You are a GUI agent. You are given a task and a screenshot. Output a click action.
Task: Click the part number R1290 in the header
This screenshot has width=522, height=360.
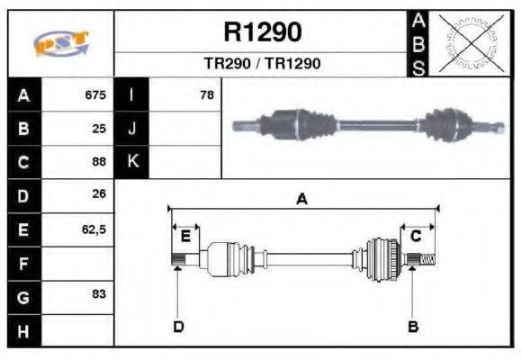262,33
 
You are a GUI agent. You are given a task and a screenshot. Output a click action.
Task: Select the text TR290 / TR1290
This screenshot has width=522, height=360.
262,64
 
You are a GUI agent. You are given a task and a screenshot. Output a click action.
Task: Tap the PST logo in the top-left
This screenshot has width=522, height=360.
60,44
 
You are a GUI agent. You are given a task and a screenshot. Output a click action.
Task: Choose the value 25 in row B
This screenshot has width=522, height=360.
99,129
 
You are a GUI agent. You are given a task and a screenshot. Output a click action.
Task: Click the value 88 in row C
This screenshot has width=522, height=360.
99,163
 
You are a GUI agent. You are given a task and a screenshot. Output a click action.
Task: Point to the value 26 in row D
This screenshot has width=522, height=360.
99,194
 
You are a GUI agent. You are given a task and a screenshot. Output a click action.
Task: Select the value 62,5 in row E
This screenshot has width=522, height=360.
94,229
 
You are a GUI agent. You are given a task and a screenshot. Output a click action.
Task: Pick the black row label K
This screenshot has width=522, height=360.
132,163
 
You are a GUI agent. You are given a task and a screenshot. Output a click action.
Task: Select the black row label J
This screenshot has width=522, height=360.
132,129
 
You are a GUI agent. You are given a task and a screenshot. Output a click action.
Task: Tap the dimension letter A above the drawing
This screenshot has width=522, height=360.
302,199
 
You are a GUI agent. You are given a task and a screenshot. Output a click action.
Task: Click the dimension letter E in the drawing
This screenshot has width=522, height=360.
185,236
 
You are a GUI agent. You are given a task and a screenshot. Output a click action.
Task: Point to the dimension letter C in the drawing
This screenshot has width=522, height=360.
416,236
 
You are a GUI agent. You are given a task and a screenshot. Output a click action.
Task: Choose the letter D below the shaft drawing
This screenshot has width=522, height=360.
178,326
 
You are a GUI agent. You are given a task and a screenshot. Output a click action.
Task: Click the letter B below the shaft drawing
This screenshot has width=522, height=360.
413,326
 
